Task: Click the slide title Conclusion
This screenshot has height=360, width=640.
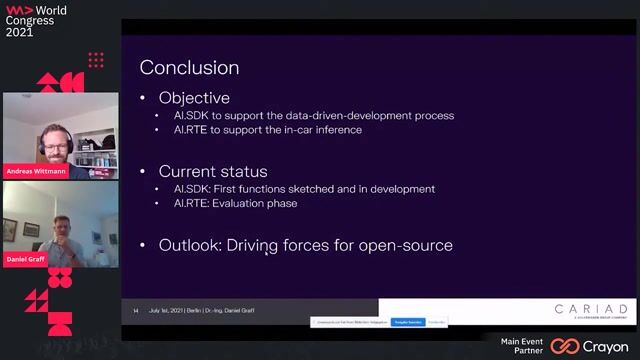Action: pos(189,68)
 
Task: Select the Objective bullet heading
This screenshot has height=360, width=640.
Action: pos(194,98)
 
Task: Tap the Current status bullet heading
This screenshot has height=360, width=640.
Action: pos(214,171)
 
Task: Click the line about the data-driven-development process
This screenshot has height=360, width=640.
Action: pos(313,115)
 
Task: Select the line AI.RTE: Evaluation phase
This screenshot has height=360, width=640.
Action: pos(235,203)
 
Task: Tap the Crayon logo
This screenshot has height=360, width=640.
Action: pos(593,346)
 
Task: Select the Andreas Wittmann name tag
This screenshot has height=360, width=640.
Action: pos(36,170)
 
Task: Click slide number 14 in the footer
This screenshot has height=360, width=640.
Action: pos(136,311)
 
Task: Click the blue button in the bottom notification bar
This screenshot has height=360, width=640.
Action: pos(407,322)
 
